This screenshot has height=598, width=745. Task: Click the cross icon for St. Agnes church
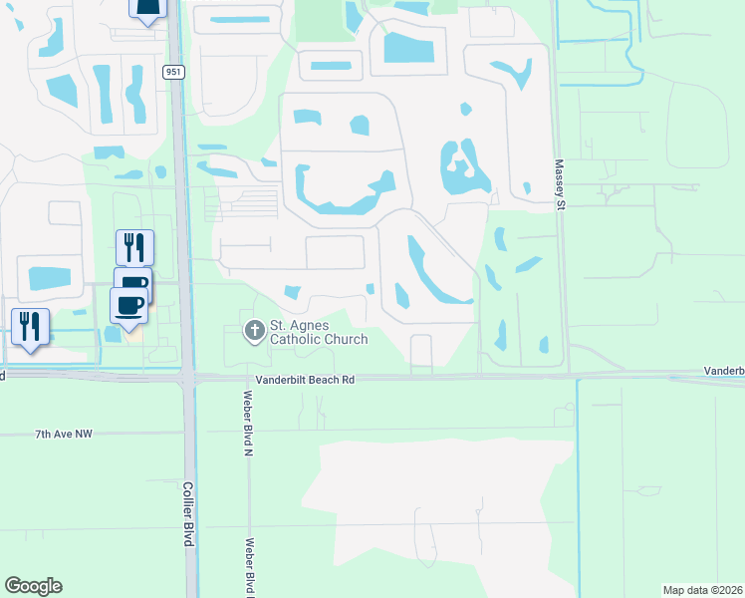coord(254,330)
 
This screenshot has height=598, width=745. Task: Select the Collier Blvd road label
coord(187,514)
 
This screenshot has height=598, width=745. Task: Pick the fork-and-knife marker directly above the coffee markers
coord(133,247)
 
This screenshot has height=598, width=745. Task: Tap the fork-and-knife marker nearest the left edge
coord(29,326)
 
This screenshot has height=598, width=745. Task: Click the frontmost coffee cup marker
coord(128,306)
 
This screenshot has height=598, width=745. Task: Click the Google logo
coord(33,586)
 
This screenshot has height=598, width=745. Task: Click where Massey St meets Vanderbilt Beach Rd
coord(564,376)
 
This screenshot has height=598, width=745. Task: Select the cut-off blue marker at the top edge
coord(146,10)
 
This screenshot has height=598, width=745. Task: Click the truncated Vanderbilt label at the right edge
coord(724,370)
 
